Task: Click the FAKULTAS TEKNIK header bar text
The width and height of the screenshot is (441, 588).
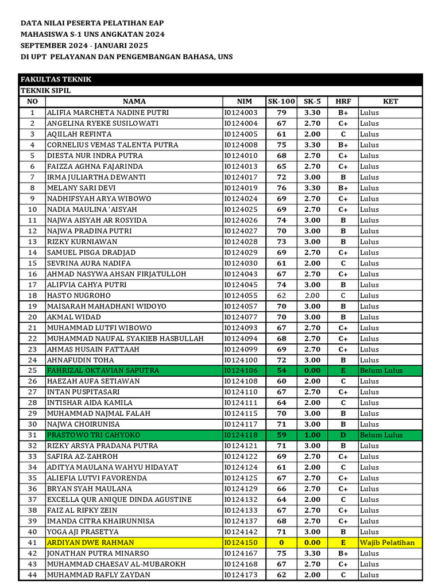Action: (x=56, y=79)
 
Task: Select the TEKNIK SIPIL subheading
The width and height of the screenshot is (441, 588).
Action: (x=46, y=91)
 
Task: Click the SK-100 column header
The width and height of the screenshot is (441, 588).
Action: (x=281, y=102)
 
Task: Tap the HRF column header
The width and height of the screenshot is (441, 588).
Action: (x=343, y=102)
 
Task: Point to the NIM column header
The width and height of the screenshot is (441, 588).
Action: (x=244, y=102)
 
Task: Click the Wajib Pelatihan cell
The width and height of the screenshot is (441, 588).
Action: (x=387, y=543)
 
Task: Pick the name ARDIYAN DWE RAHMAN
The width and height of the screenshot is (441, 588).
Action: (x=91, y=543)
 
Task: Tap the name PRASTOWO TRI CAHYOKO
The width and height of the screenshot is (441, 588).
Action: (x=93, y=435)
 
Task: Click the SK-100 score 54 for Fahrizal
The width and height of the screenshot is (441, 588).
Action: (x=281, y=370)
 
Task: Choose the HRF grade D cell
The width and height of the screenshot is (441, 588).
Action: (x=343, y=435)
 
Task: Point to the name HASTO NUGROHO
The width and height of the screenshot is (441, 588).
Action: (x=79, y=296)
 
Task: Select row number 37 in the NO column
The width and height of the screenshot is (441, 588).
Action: (x=33, y=500)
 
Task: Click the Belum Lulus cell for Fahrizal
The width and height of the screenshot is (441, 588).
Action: (x=381, y=370)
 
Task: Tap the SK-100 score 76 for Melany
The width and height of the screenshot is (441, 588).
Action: (x=281, y=188)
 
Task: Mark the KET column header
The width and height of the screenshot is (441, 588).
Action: (x=390, y=102)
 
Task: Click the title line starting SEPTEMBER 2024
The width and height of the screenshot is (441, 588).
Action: (x=84, y=45)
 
